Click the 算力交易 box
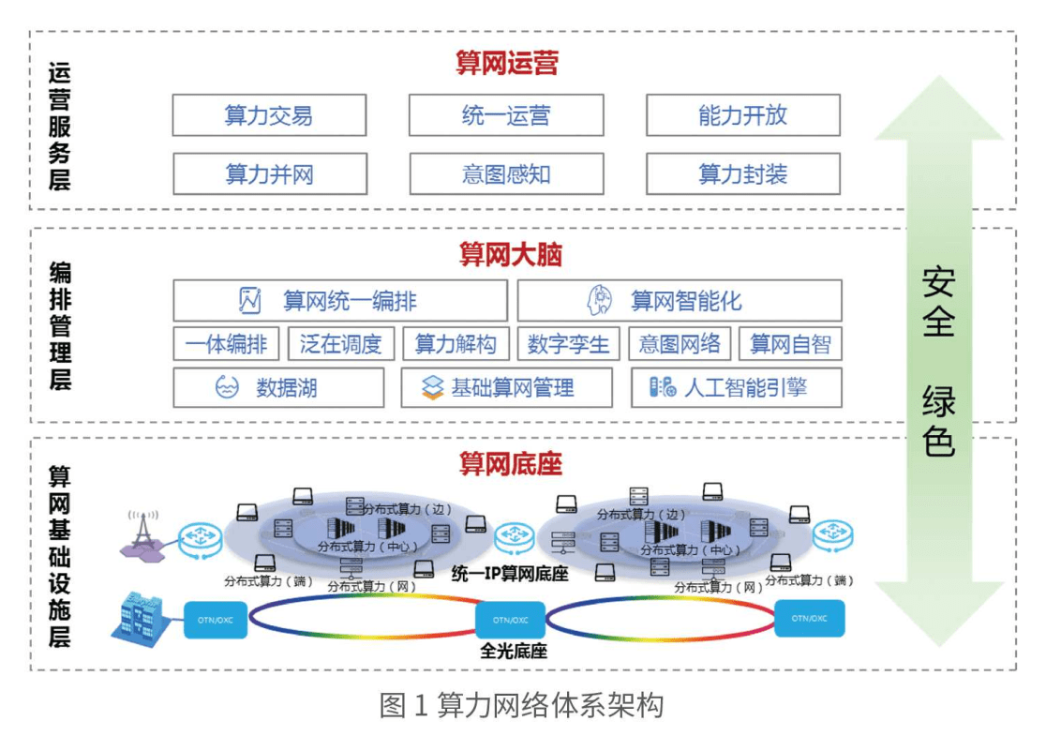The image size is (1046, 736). click(269, 115)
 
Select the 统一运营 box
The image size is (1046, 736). click(506, 115)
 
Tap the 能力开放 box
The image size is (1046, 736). click(742, 115)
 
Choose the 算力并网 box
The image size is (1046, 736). click(269, 174)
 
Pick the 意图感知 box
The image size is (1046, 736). click(506, 174)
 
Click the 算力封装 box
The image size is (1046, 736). click(742, 174)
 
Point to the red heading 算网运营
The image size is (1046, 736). click(507, 64)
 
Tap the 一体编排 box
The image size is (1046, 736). click(226, 344)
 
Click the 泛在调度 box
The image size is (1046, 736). click(341, 344)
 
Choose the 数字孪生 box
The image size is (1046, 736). click(568, 344)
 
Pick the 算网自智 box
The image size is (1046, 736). click(790, 344)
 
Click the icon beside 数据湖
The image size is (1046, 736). click(228, 387)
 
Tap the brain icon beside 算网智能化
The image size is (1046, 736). click(600, 301)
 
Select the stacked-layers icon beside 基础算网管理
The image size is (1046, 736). click(432, 387)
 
